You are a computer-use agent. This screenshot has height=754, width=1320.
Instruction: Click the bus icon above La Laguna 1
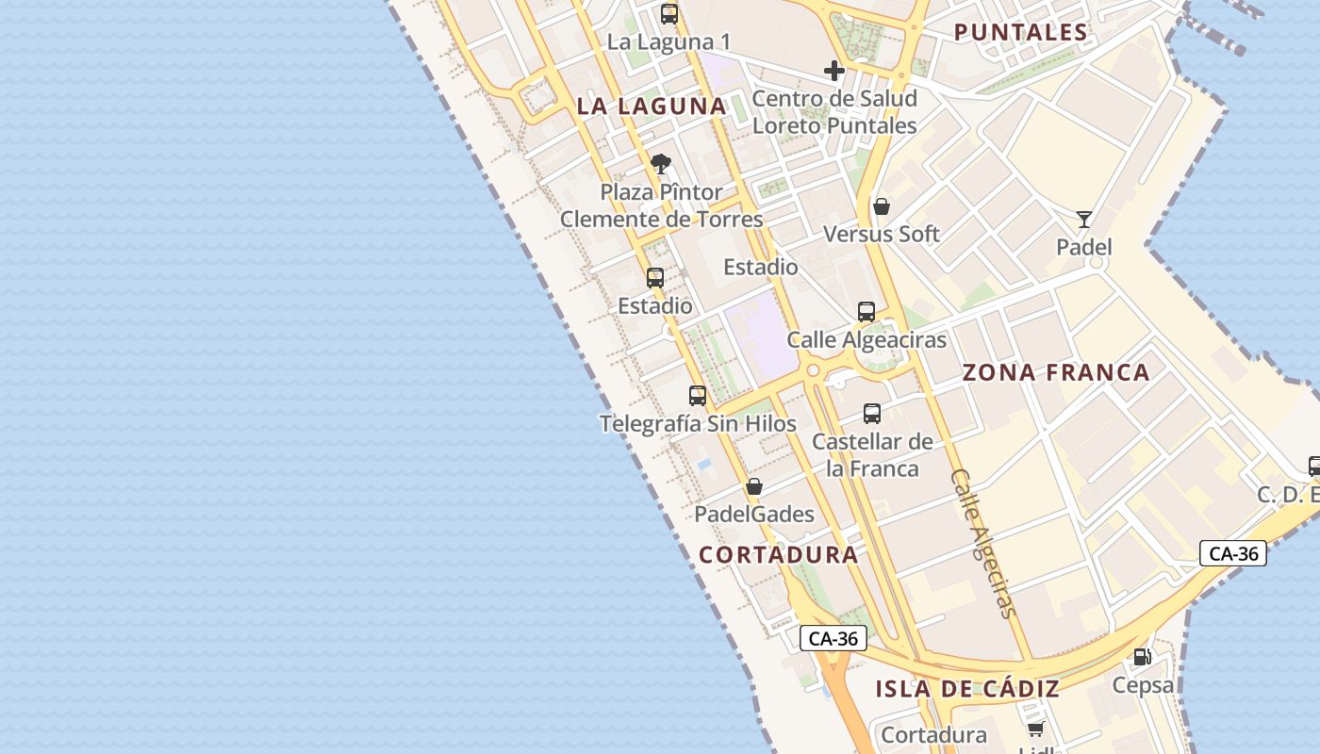669,14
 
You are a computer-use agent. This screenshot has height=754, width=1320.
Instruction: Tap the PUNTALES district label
1021,32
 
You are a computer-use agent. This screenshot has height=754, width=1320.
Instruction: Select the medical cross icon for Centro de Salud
833,71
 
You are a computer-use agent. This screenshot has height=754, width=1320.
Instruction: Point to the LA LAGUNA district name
652,107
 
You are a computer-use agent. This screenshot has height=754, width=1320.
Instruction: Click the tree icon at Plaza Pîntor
661,164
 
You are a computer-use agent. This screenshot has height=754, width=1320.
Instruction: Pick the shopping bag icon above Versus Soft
882,206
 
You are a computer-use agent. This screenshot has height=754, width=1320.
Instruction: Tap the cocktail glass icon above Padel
1084,220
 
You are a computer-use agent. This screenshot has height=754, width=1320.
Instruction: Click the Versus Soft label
882,234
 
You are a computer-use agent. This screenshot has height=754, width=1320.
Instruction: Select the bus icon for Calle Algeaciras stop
866,312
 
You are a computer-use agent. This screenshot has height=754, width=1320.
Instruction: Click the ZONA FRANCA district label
1056,372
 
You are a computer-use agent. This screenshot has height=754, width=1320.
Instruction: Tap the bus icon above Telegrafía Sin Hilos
698,396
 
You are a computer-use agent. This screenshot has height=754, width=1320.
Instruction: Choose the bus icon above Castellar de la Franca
872,413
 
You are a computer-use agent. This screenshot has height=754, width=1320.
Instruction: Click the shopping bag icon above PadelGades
754,486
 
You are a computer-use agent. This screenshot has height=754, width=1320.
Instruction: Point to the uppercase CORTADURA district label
779,555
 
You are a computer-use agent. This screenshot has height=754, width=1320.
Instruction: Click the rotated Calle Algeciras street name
985,544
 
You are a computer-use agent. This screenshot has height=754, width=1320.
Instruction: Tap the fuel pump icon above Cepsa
1143,657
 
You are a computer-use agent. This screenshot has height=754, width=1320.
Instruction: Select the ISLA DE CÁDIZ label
967,689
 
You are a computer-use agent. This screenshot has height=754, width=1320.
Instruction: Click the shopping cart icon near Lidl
1036,729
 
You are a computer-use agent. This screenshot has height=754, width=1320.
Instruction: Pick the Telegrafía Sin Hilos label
698,424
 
